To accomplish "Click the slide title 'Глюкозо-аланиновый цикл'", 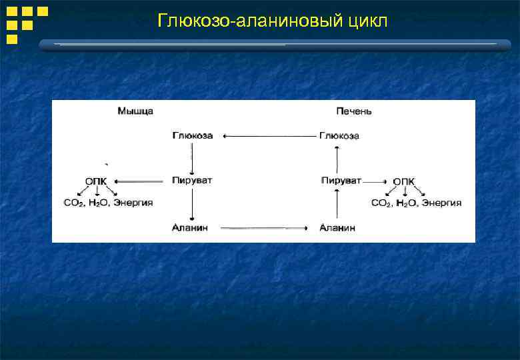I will coord(271,21).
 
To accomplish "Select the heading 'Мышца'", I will coord(135,111).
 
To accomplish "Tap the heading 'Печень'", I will coord(354,111).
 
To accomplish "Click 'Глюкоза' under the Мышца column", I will coord(193,135).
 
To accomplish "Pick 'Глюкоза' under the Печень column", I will coord(339,136).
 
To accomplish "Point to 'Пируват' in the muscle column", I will coord(192,181).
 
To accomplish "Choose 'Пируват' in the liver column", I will coord(341,181).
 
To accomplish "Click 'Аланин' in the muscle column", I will coord(190,228).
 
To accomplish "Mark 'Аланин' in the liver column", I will coord(337,228).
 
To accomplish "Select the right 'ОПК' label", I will coord(403,181).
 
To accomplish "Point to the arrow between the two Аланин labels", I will coord(263,228).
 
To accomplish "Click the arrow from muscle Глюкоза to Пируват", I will coord(192,158).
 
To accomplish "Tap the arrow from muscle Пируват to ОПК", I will coord(139,181).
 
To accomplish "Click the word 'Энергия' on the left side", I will coord(133,203).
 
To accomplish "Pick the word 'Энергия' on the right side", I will coord(441,203).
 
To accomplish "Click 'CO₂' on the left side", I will coord(74,203).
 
